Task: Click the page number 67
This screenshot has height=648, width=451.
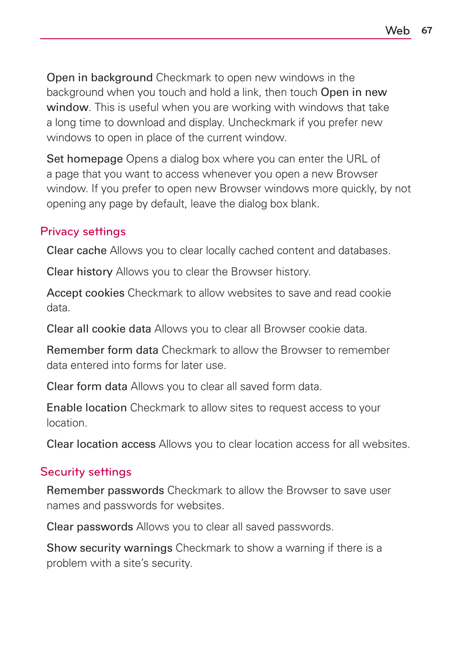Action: point(426,30)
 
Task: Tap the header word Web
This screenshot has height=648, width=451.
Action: point(397,31)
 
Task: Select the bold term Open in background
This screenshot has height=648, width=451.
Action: point(99,77)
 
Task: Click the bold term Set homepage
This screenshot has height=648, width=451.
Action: point(85,159)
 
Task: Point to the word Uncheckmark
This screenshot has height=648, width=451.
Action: point(261,123)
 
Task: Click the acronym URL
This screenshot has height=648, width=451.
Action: point(356,159)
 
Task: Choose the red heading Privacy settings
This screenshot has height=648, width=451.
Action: point(83,231)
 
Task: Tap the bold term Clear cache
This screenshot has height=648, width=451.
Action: point(77,250)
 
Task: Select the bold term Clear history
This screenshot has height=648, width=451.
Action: point(79,272)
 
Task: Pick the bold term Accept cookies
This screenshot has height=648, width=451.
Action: point(86,293)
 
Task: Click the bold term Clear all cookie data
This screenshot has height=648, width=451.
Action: point(99,329)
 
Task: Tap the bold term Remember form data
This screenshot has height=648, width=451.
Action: point(102,350)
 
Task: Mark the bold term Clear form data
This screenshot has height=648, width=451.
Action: point(87,386)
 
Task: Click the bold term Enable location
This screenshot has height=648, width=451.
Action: point(87,408)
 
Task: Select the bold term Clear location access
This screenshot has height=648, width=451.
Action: point(101,444)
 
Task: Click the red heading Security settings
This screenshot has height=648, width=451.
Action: point(86,472)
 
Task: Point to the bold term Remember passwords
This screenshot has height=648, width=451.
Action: point(105,490)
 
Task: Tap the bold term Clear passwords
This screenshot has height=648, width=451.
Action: point(90,527)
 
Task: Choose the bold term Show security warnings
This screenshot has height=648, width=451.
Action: point(109,548)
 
